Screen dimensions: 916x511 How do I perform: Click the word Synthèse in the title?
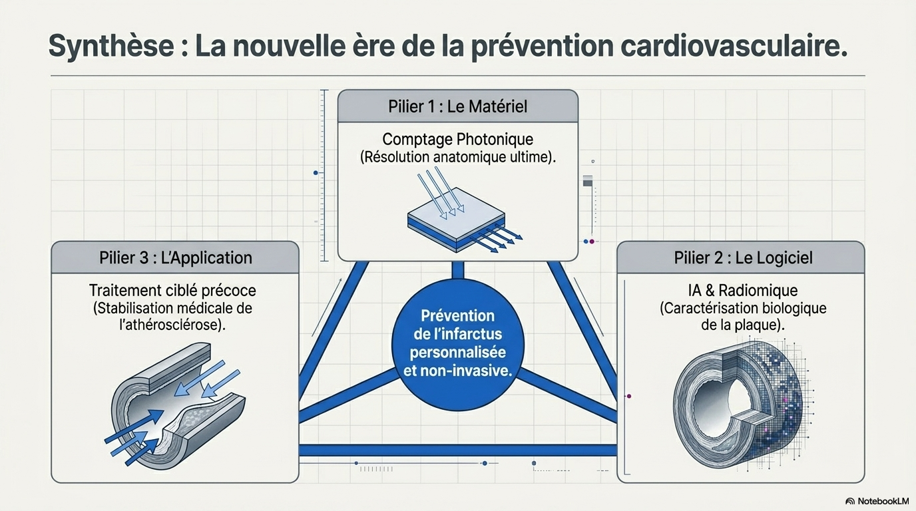pos(111,46)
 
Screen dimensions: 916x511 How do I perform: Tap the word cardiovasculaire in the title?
pos(734,46)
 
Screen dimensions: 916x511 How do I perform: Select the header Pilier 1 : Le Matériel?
pos(457,106)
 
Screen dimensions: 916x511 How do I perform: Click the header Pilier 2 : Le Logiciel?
pos(743,257)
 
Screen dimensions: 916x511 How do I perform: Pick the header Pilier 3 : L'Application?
pos(176,258)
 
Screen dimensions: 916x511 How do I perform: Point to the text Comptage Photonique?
pos(457,140)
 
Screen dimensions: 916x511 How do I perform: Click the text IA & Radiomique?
pos(743,290)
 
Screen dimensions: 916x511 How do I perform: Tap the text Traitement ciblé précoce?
pos(172,291)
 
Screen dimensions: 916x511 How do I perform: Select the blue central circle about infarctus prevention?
pos(457,345)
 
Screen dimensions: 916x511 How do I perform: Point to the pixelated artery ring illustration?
pos(742,403)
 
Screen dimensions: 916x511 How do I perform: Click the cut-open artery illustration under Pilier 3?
pos(176,405)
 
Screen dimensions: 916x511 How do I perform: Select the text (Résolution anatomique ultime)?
pos(457,158)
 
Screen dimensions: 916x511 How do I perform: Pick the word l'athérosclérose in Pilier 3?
pos(172,325)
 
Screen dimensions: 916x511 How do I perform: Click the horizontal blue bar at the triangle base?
pos(457,450)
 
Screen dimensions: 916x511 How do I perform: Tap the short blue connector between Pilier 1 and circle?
pos(458,270)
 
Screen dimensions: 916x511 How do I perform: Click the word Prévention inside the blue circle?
pos(457,315)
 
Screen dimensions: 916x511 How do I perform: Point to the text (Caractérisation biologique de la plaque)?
pos(743,317)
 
